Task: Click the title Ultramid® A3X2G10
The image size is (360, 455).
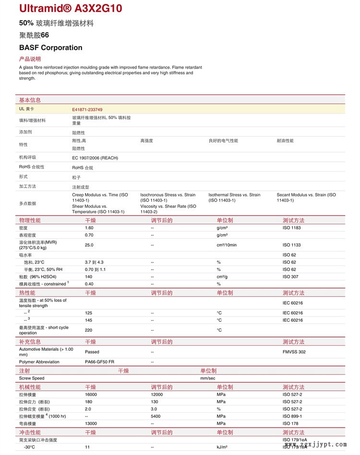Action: coord(71,8)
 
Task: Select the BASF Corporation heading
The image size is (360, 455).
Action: coord(51,48)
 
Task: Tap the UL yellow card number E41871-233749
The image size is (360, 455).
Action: coord(87,109)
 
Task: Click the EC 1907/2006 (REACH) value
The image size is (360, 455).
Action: coord(95,158)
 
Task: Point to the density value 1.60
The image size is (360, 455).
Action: coord(89,227)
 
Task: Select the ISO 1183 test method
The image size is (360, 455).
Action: coord(291,227)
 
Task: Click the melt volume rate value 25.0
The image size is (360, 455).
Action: coord(89,245)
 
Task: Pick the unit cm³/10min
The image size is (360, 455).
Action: coord(227,245)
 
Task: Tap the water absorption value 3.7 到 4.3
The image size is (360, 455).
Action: coord(94,262)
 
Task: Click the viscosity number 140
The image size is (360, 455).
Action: coord(88,276)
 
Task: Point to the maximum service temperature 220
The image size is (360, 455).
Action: coord(89,330)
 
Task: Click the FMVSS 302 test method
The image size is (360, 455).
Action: coord(294,352)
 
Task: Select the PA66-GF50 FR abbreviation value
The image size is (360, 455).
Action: coord(99,361)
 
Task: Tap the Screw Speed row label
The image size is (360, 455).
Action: coord(32,378)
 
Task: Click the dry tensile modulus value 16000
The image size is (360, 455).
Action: coord(91,395)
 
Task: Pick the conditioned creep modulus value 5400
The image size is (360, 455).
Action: coord(156,416)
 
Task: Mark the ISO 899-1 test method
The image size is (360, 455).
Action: coord(292,416)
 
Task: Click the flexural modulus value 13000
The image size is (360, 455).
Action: coord(91,423)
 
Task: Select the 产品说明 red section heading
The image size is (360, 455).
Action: coord(30,59)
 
